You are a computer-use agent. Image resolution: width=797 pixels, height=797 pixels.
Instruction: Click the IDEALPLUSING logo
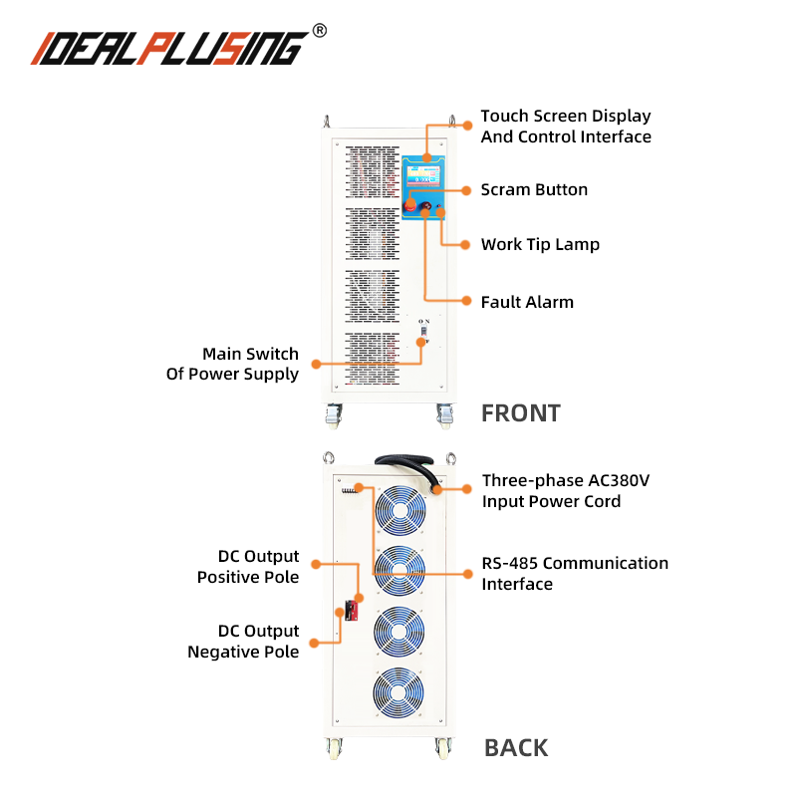click(x=169, y=46)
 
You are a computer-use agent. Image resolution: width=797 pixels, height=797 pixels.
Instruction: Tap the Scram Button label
click(x=534, y=189)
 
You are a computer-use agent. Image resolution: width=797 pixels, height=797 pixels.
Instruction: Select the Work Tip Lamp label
click(x=540, y=244)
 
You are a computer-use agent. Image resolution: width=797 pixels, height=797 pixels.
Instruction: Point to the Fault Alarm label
click(x=527, y=301)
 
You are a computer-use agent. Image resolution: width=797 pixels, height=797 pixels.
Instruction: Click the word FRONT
click(x=521, y=412)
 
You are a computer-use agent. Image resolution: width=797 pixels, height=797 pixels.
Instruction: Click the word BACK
click(x=516, y=747)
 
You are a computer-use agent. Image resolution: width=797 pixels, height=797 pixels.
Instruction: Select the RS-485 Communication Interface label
click(x=575, y=573)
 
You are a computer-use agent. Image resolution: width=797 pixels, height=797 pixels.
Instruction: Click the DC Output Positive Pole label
click(x=249, y=566)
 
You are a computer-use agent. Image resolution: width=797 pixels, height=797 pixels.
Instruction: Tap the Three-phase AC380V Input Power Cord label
click(x=566, y=490)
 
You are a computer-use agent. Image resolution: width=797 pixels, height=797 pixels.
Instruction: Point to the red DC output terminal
click(x=352, y=611)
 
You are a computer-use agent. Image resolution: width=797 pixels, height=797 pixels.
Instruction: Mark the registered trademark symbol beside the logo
click(x=319, y=30)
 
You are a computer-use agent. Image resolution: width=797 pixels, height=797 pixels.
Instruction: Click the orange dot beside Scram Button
click(x=466, y=189)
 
